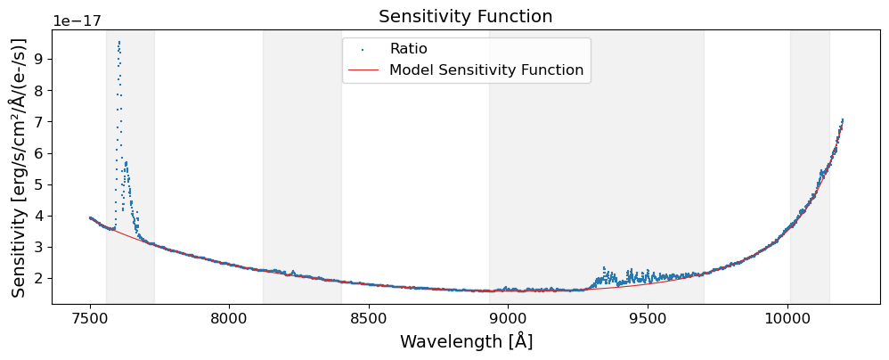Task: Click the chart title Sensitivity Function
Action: pos(466,17)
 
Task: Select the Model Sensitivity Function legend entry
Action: pos(486,70)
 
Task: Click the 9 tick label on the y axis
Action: pos(39,59)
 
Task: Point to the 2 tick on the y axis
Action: pos(39,278)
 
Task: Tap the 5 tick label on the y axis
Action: pos(39,184)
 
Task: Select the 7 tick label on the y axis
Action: pos(39,121)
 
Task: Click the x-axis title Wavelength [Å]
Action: pos(466,342)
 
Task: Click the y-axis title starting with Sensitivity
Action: pos(18,167)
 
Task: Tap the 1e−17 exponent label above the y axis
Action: pos(76,20)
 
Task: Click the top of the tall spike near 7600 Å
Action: pos(118,41)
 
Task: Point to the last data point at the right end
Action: pos(842,119)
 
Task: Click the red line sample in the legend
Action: pos(363,70)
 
